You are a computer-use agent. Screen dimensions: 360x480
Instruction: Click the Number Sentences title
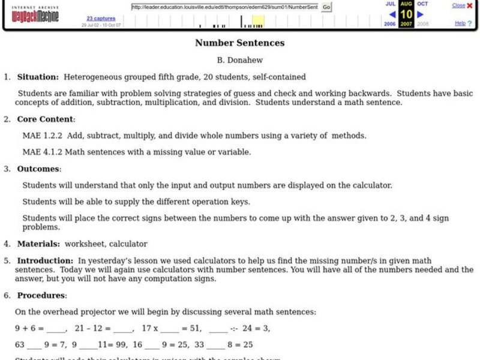239,43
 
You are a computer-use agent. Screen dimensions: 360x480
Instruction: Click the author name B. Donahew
239,61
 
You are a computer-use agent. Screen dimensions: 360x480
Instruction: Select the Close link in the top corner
458,5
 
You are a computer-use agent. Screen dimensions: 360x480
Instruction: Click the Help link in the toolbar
460,23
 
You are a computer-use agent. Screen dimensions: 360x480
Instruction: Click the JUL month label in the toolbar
390,4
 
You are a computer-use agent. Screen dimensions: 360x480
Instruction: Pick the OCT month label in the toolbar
422,4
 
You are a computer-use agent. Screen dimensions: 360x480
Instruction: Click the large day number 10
406,14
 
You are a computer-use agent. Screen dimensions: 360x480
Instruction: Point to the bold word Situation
38,77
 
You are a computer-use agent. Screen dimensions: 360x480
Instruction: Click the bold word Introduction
45,261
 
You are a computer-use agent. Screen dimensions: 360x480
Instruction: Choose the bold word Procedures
41,296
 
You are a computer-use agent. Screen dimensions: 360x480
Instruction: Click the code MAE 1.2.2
40,136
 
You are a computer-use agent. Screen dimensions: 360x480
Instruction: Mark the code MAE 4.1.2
40,152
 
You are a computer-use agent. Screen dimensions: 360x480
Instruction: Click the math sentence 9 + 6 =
29,328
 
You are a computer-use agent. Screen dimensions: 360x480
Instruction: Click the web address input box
225,7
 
